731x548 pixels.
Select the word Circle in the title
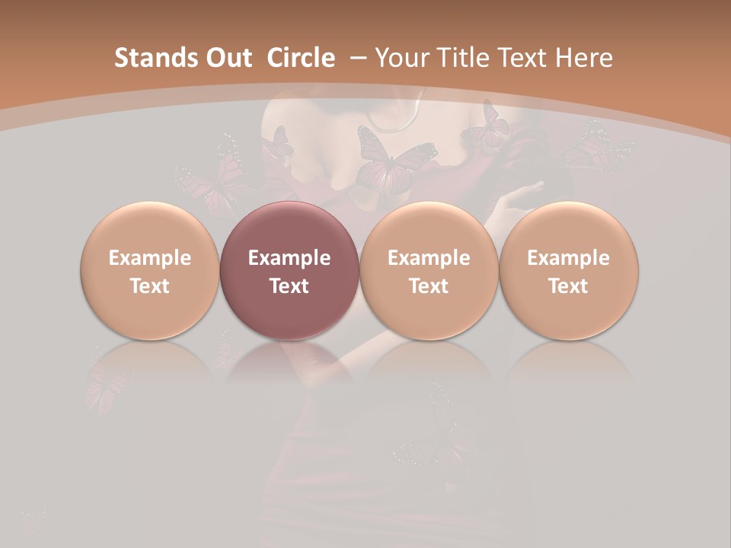[x=301, y=58]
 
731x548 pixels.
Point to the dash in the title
[x=358, y=58]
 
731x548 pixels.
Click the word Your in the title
[x=401, y=58]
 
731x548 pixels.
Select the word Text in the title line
[x=516, y=58]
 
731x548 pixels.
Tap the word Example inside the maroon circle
[x=289, y=258]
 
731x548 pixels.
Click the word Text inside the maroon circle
[x=289, y=286]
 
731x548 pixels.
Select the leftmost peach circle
[x=150, y=270]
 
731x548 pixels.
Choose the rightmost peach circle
[x=569, y=270]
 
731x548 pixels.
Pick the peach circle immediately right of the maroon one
[x=429, y=270]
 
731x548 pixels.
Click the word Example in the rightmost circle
[x=569, y=258]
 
